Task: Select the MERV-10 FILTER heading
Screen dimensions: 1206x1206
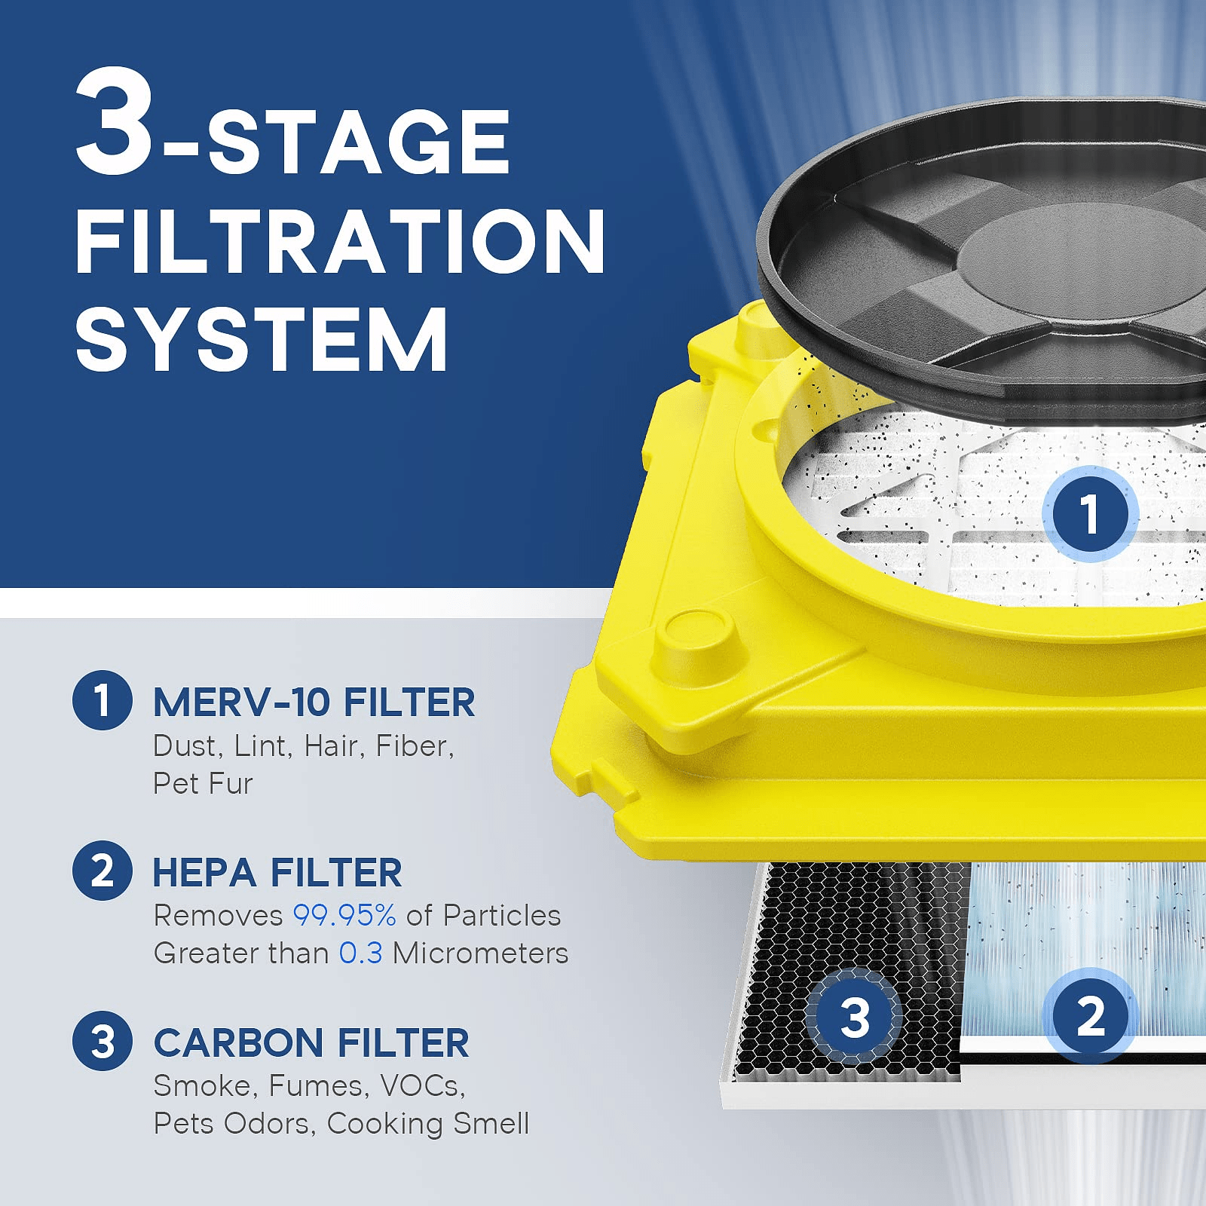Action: coord(314,702)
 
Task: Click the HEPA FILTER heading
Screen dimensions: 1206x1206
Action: coord(277,873)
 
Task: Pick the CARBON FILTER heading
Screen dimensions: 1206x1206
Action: coord(311,1043)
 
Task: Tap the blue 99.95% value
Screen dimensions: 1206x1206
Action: coord(344,915)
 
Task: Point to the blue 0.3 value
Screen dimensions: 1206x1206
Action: coord(360,953)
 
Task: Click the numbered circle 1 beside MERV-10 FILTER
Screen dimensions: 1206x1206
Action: coord(103,700)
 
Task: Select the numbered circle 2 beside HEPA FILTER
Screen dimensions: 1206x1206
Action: coord(103,871)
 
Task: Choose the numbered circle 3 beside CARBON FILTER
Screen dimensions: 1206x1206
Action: coord(103,1041)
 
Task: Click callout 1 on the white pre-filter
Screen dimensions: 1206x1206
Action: coord(1089,514)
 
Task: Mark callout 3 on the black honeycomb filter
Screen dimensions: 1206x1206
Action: coord(854,1018)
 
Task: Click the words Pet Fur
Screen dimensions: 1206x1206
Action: coord(202,784)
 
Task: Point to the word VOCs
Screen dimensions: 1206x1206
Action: coord(422,1086)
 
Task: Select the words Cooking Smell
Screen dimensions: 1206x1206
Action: coord(427,1124)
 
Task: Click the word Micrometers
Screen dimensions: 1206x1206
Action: coord(480,953)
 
